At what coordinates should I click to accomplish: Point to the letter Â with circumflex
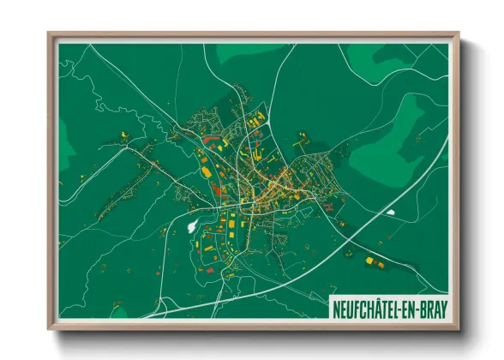[x=377, y=307]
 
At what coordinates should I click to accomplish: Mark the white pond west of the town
[x=190, y=228]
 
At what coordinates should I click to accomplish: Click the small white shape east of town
[x=391, y=212]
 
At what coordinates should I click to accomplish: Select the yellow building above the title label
[x=369, y=260]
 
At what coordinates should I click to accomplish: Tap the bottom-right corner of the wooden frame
[x=459, y=328]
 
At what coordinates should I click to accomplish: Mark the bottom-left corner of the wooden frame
[x=50, y=328]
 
